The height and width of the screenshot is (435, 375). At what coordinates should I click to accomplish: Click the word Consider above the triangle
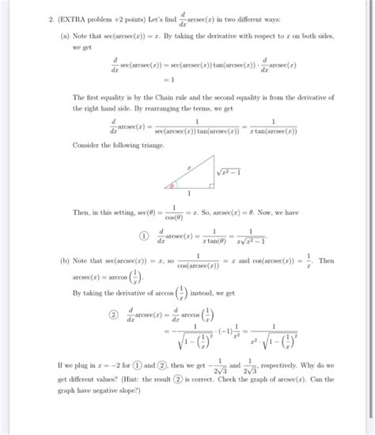point(85,145)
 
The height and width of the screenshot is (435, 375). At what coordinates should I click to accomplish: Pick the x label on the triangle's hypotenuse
point(188,168)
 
